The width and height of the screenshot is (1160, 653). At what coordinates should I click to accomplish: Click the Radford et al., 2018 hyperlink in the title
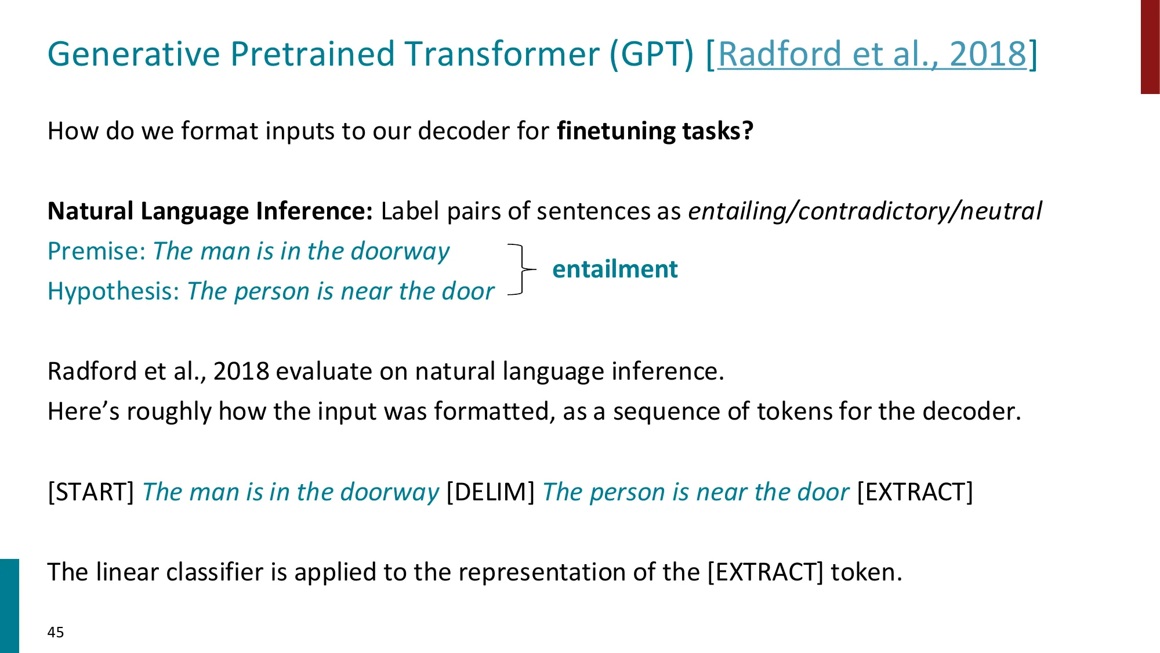click(x=872, y=54)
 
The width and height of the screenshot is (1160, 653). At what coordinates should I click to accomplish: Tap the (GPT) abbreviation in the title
click(x=651, y=55)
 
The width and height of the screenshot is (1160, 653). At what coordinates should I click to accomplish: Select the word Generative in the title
click(x=134, y=54)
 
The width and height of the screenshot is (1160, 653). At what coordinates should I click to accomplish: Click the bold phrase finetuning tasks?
click(x=655, y=131)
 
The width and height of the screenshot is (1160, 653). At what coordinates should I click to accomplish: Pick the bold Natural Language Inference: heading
click(x=210, y=211)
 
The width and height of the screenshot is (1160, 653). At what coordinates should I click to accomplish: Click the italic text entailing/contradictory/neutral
click(x=865, y=211)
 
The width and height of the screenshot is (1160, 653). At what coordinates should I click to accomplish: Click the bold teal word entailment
click(x=615, y=269)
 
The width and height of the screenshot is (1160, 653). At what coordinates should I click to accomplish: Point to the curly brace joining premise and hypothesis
click(x=523, y=269)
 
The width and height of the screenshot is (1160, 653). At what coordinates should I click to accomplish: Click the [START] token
click(x=91, y=492)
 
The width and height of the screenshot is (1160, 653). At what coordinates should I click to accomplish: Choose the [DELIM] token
click(x=491, y=492)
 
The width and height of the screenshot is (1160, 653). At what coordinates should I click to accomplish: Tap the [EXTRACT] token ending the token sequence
click(x=915, y=492)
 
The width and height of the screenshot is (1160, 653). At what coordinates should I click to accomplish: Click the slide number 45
click(x=56, y=632)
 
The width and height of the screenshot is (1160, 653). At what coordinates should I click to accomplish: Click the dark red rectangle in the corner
click(x=1150, y=46)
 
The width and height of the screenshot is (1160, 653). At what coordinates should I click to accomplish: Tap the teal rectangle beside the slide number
click(x=9, y=606)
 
